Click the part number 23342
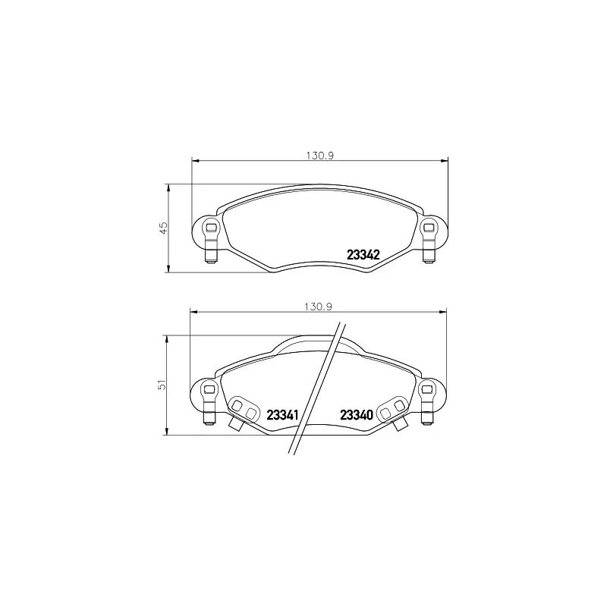click(363, 256)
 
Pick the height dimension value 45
click(162, 227)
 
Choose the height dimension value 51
click(161, 385)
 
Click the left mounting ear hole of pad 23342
click(212, 226)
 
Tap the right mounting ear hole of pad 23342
click(428, 226)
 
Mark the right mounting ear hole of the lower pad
click(427, 389)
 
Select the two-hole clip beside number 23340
click(392, 410)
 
